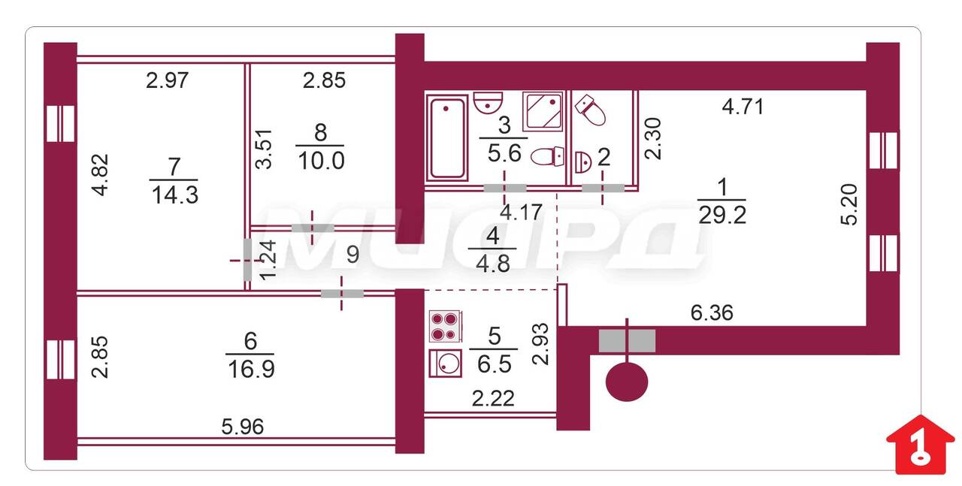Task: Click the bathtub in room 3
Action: (446, 137)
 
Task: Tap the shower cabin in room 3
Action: (543, 111)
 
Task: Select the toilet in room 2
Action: (590, 110)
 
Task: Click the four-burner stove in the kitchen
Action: (446, 326)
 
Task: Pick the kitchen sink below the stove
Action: (446, 364)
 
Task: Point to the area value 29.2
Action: (722, 215)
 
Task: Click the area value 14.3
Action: (175, 195)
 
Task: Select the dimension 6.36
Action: (712, 312)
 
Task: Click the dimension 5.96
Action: (243, 427)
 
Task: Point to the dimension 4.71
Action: (743, 107)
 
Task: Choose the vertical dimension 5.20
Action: (849, 204)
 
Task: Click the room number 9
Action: (352, 255)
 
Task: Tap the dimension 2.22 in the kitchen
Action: (493, 398)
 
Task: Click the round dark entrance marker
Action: (627, 382)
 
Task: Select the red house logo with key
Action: (921, 445)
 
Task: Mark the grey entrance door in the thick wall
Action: (627, 341)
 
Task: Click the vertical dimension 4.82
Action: (101, 175)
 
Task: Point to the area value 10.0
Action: (321, 161)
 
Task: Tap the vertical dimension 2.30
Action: (653, 139)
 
